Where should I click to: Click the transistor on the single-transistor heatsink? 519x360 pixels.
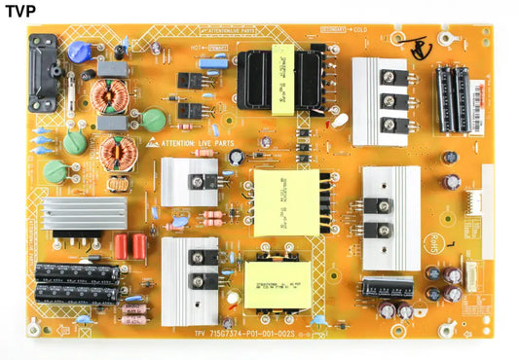pyautogui.click(x=204, y=181)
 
